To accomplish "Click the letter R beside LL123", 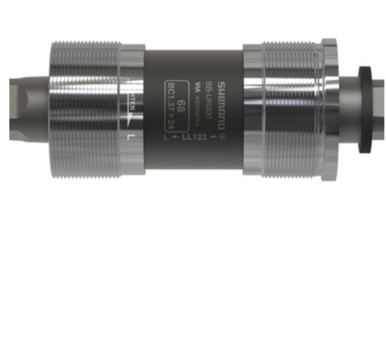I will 222,136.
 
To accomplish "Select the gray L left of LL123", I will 166,136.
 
